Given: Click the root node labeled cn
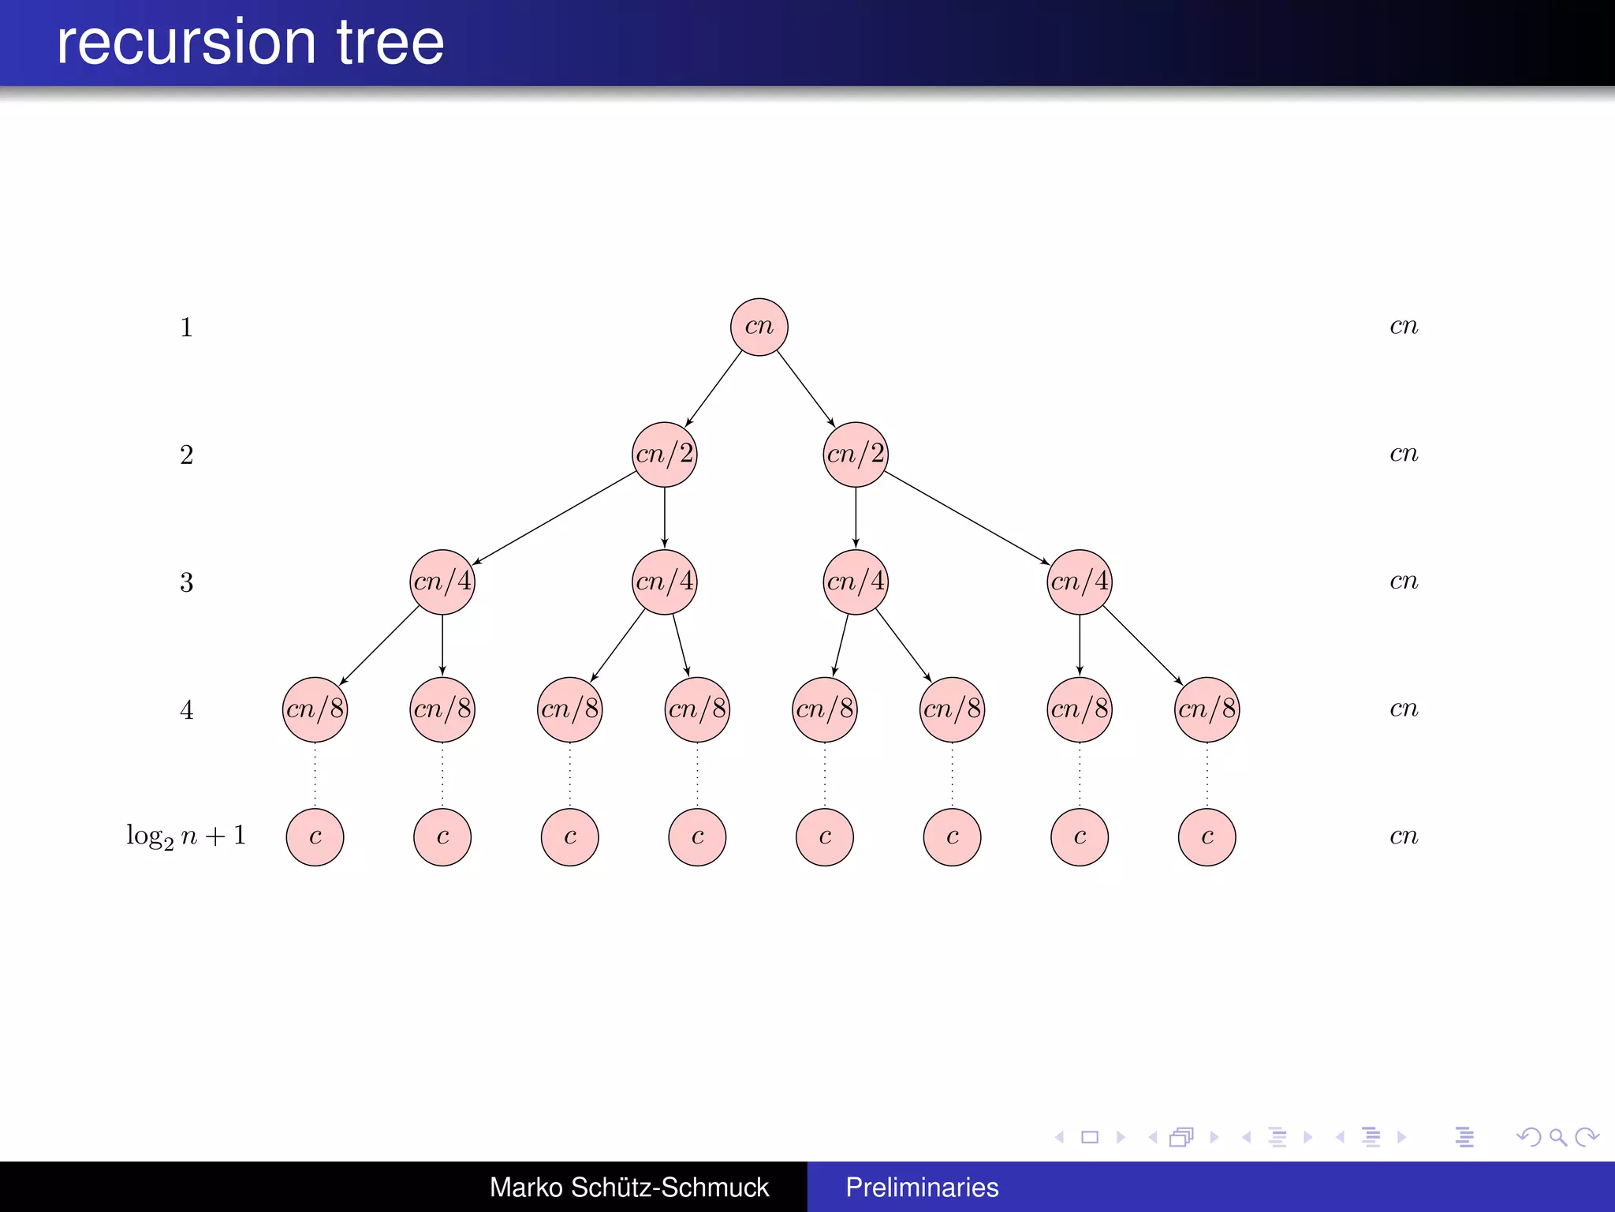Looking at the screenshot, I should pos(759,327).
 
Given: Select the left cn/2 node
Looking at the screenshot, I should pos(665,454).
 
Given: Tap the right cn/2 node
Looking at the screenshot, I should pos(856,454).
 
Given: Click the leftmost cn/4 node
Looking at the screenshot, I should pos(442,582).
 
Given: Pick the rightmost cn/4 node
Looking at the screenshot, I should pos(1080,582).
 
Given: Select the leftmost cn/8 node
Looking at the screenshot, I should pos(315,709).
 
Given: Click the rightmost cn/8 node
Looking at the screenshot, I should pos(1207,709).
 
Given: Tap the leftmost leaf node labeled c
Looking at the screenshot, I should pos(315,836).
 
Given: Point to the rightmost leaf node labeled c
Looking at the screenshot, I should pos(1207,836).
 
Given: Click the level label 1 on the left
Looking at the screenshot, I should pos(186,327).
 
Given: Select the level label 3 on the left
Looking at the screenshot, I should pos(186,582).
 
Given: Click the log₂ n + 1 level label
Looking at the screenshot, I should pos(186,836).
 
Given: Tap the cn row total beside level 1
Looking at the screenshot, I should pos(1404,326).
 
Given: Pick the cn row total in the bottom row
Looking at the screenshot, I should pos(1404,836).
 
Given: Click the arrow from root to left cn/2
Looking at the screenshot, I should pos(714,389).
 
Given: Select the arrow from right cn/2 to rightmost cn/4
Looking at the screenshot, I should pos(966,518).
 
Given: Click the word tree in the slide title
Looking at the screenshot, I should pos(390,43).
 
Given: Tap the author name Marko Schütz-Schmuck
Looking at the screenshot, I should pos(628,1187).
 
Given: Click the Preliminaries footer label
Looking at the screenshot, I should pos(922,1187).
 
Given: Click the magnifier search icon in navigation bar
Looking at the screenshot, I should pos(1557,1137).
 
